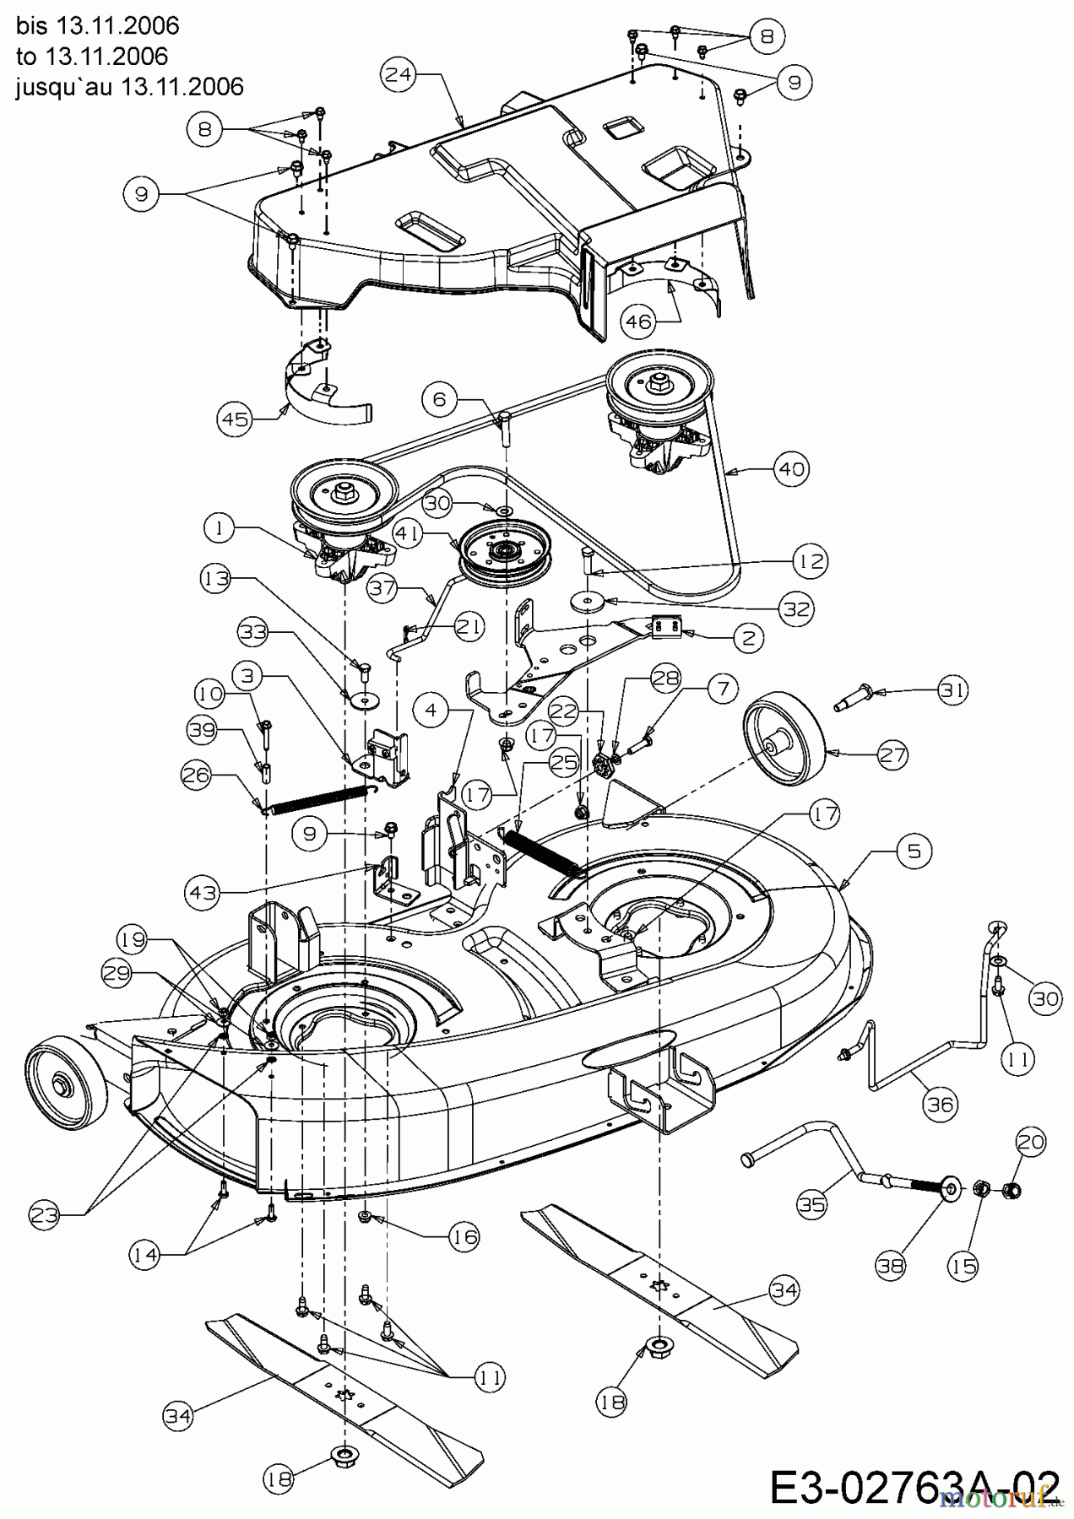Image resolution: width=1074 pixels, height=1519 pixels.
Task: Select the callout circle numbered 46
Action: click(x=637, y=322)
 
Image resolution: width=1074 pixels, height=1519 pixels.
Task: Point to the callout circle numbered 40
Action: click(x=792, y=468)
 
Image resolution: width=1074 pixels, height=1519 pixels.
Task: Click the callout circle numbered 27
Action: click(x=892, y=755)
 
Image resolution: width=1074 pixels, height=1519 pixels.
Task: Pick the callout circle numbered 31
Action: click(x=952, y=690)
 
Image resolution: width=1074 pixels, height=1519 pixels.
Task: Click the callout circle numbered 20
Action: click(x=1031, y=1143)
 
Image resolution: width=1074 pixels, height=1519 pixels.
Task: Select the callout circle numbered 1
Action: click(x=219, y=528)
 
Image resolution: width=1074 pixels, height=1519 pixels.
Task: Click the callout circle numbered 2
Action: click(x=748, y=638)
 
